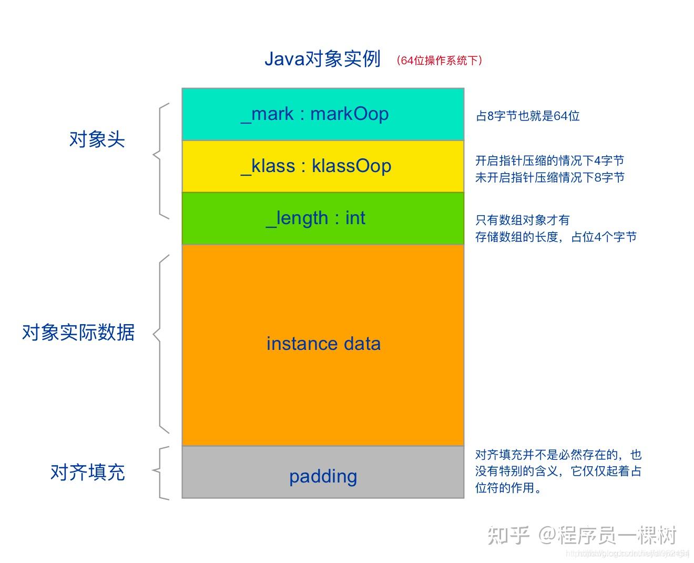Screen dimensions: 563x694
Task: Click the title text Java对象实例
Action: tap(322, 59)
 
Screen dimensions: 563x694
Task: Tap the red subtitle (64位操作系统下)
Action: tap(440, 61)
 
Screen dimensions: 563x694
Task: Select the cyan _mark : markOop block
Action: tap(323, 114)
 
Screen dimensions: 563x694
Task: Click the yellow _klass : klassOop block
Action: tap(323, 166)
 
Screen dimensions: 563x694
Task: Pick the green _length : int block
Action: tap(323, 218)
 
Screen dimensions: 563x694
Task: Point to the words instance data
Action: tap(323, 344)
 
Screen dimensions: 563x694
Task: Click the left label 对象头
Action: tap(97, 139)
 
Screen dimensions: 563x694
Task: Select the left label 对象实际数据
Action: tap(78, 333)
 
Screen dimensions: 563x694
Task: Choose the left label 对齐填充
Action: tap(88, 472)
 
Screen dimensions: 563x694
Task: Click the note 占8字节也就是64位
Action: tap(527, 116)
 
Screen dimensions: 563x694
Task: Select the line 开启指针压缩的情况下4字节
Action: tap(549, 160)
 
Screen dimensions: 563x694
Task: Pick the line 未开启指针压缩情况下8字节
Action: tap(549, 177)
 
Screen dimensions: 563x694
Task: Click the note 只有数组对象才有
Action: tap(522, 220)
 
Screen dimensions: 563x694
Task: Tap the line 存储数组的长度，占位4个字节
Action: tap(556, 237)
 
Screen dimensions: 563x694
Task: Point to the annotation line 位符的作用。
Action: tap(508, 488)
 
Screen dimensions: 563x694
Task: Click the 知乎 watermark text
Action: tap(508, 535)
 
